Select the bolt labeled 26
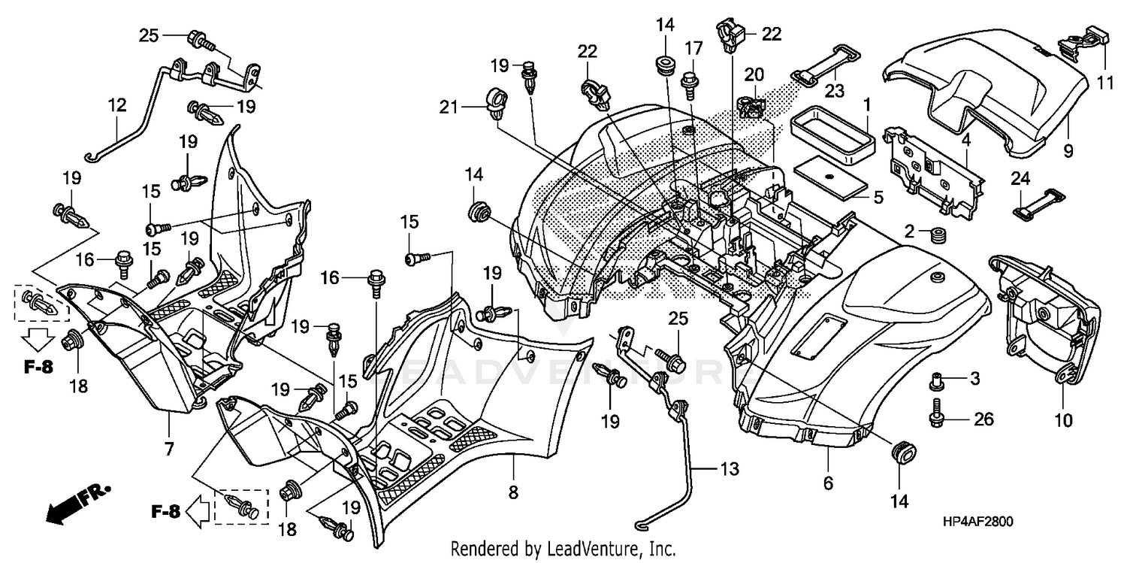[936, 412]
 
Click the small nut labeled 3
[936, 381]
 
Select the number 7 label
[168, 449]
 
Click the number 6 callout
[828, 485]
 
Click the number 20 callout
[754, 74]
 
